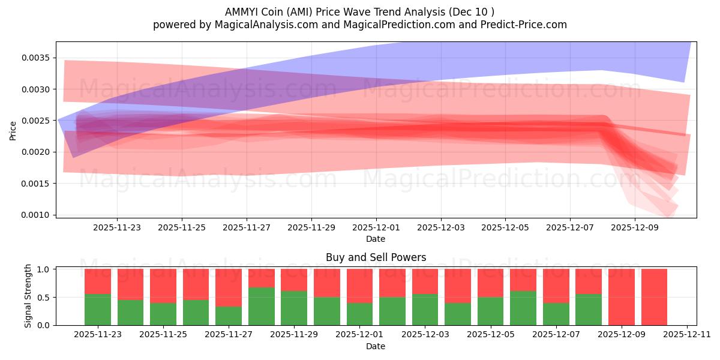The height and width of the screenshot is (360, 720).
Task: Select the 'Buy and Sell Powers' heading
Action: pos(376,257)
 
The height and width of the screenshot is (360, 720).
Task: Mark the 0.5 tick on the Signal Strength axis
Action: pos(44,298)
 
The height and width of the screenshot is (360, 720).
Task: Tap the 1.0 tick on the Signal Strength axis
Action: pos(44,269)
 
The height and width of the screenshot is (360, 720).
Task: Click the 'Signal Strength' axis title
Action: pos(28,296)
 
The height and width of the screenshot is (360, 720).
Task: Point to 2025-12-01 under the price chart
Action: pos(376,228)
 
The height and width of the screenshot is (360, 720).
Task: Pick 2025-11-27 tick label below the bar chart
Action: pos(229,335)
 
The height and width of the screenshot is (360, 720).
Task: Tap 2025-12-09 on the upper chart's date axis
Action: pos(635,228)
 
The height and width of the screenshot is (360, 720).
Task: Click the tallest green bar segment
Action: pos(261,306)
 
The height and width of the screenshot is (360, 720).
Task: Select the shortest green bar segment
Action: pos(229,316)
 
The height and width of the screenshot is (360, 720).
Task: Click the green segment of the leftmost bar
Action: pos(98,310)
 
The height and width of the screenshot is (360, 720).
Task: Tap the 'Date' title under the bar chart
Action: pos(376,346)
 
